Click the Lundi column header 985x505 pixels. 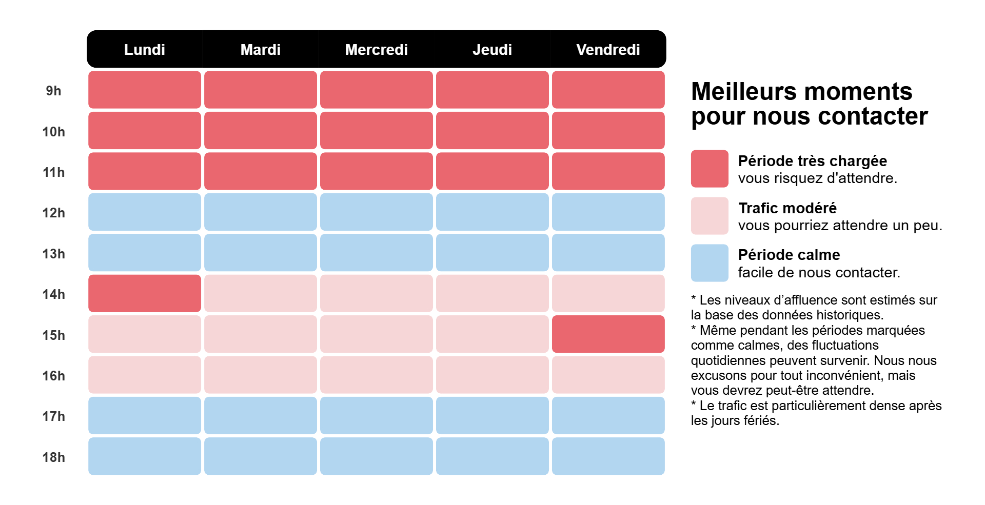click(145, 50)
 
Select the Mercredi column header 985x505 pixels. click(376, 50)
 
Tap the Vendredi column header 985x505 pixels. click(608, 50)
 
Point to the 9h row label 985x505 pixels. click(53, 91)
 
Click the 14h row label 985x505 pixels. click(53, 294)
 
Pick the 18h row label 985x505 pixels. click(53, 457)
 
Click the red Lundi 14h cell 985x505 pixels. click(145, 293)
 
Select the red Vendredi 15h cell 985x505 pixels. click(608, 334)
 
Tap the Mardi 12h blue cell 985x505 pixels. click(261, 212)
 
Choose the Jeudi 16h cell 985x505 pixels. click(492, 375)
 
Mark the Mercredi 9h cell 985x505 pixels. click(376, 90)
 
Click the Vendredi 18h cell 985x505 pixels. click(608, 456)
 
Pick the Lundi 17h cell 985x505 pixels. click(145, 415)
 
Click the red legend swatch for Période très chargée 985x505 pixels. click(710, 169)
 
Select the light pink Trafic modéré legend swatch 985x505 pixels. click(710, 216)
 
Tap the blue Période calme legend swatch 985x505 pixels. click(710, 263)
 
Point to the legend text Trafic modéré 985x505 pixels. click(787, 208)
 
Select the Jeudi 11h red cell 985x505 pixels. click(492, 171)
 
